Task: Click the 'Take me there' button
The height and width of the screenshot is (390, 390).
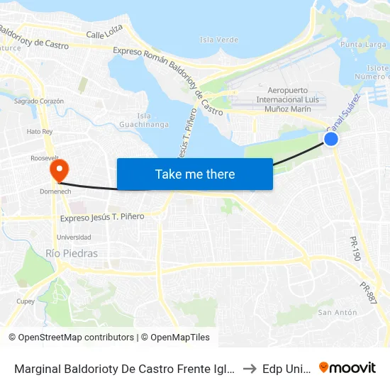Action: point(195,174)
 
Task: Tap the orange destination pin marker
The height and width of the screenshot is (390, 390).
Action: point(58,169)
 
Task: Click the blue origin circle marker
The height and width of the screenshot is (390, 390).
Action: point(330,139)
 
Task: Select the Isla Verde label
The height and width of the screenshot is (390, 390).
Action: point(219,40)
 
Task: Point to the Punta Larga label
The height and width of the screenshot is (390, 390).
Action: point(364,45)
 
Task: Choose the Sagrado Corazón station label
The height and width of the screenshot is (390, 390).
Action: point(39,101)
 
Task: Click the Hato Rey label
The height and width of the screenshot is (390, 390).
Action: point(40,132)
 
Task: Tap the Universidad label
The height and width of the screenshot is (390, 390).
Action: point(73,237)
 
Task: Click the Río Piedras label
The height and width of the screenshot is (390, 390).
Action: point(72,253)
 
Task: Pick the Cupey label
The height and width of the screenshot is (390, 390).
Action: point(26,301)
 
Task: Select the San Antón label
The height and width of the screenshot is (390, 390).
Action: point(337,312)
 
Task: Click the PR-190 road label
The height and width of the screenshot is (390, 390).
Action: point(355,249)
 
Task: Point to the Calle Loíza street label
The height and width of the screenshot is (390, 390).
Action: point(104,31)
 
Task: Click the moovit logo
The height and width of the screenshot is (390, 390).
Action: point(347,367)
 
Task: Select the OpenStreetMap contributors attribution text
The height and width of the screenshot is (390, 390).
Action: point(75,338)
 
